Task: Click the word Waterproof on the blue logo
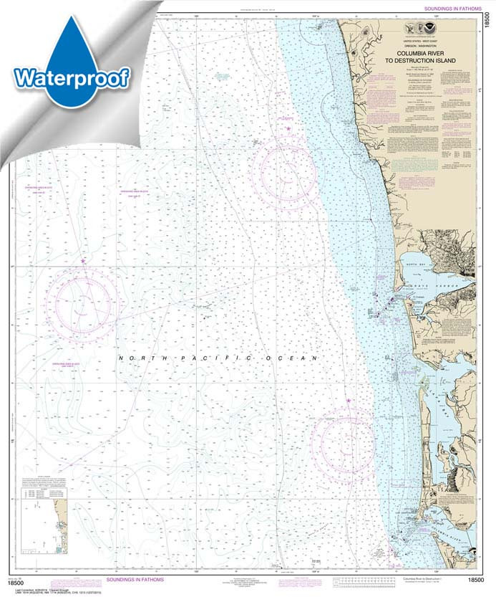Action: pyautogui.click(x=71, y=77)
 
